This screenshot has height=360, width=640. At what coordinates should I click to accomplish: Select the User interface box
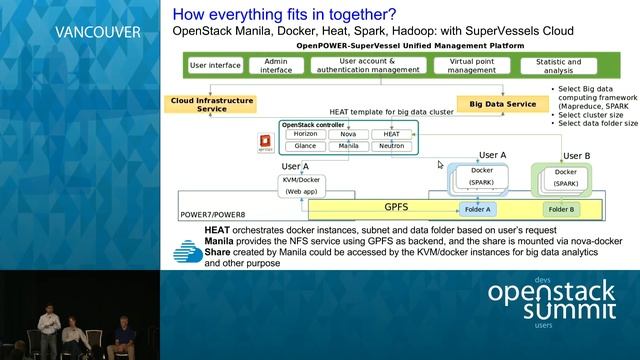(215, 65)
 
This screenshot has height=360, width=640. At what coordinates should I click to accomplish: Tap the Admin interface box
(275, 65)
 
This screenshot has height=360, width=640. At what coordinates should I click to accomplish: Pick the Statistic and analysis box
(558, 65)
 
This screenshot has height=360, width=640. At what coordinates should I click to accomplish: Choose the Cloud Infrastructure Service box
(212, 104)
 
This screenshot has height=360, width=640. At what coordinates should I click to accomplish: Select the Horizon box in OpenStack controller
(306, 134)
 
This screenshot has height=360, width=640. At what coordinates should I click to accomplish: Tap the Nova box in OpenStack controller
(349, 134)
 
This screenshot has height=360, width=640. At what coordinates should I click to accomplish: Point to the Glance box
(306, 146)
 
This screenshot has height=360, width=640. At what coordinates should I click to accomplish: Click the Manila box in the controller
(349, 146)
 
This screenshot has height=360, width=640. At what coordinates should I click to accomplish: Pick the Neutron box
(391, 146)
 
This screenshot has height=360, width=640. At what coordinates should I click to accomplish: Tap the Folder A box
(477, 209)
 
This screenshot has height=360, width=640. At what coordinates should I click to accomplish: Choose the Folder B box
(559, 209)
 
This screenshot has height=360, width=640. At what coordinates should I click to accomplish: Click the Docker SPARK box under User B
(565, 178)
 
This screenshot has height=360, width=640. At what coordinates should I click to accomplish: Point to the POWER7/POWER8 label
(213, 215)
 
